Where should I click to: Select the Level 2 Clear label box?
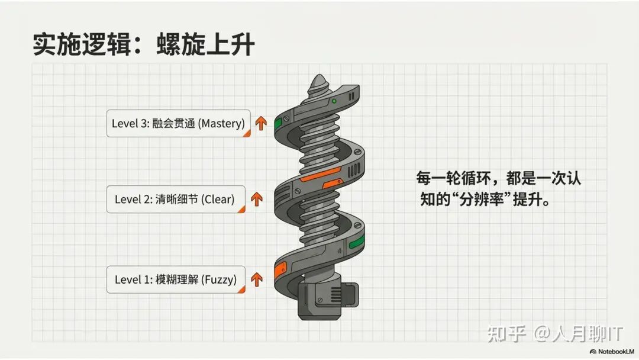pos(175,199)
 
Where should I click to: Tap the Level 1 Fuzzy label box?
pos(176,279)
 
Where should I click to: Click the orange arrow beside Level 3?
pos(260,123)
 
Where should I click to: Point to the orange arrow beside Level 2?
pos(257,199)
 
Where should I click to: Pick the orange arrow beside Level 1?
pos(257,279)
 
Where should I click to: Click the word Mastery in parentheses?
pos(221,123)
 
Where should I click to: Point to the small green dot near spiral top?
pos(334,101)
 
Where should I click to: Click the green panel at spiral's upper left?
pos(278,123)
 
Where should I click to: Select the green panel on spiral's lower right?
pos(356,243)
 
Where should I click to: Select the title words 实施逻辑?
pos(79,45)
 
